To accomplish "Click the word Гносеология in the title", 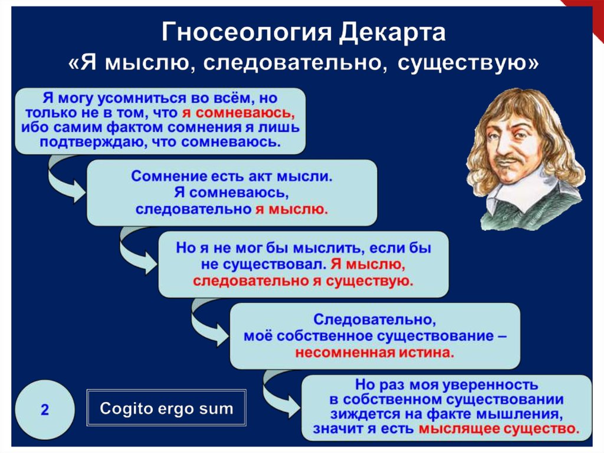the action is (x=246, y=32).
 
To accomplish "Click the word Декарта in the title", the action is (x=392, y=32).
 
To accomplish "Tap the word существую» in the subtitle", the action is (x=468, y=63).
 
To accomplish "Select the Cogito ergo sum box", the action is (x=166, y=408).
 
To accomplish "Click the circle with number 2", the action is (x=45, y=409).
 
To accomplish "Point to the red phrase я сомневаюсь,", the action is (x=238, y=113).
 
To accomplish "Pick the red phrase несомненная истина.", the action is (x=375, y=352).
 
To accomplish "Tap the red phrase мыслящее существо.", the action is (x=499, y=429).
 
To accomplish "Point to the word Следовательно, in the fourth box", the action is (x=375, y=320).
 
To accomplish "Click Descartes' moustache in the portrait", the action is (x=514, y=158).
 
